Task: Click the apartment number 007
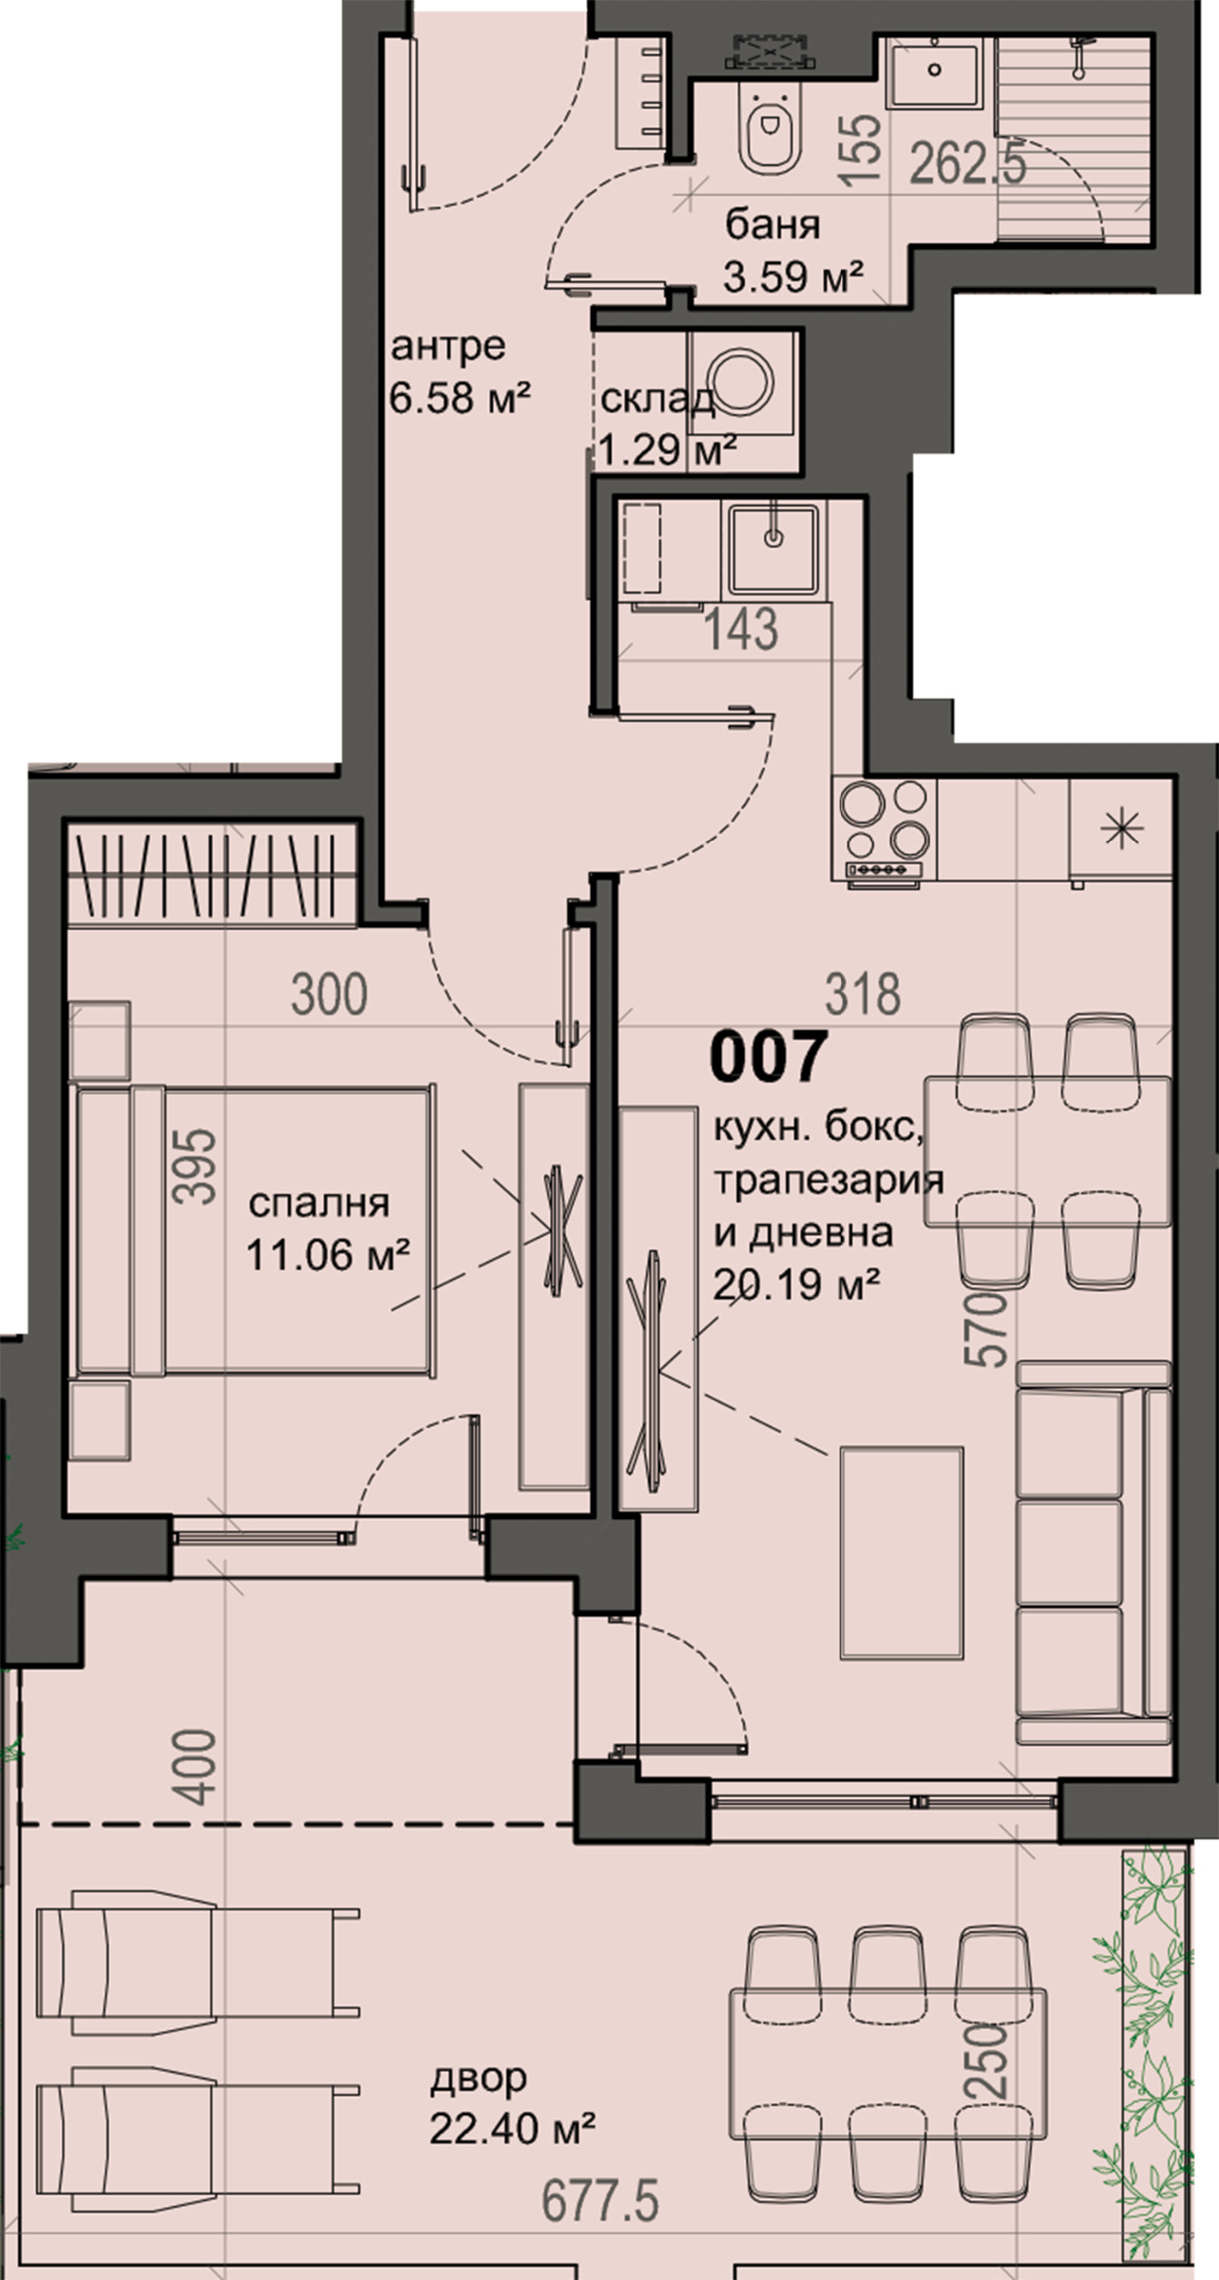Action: point(768,1058)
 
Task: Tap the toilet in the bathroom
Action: point(769,132)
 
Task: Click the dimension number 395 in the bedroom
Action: point(197,1166)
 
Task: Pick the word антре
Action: point(448,348)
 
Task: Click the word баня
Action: point(772,226)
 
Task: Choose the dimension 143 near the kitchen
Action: point(742,629)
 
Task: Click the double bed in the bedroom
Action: point(255,1232)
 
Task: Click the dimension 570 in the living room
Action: point(987,1328)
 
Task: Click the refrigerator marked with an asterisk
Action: point(1120,828)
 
